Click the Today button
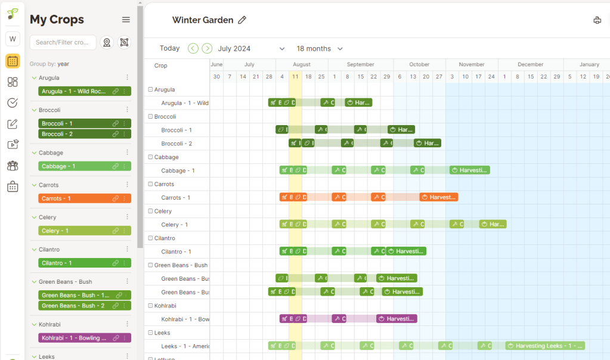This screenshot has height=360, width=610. pos(169,48)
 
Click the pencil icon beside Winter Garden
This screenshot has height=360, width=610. pos(242,20)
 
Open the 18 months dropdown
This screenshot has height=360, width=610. pos(320,48)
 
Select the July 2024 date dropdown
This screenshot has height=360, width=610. pos(251,48)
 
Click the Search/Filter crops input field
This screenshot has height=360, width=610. pos(63,42)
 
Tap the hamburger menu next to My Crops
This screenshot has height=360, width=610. pos(126,20)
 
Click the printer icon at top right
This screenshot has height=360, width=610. pos(597,20)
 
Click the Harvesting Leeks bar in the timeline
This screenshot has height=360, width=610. pos(544,346)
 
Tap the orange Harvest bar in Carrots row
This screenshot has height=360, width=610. pos(438,197)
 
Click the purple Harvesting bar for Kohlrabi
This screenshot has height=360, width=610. pos(397,319)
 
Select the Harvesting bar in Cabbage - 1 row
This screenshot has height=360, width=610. pos(469,170)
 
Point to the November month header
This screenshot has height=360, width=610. pos(472,64)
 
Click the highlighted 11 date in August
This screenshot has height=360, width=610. pos(295,77)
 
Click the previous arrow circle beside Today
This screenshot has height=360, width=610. pos(193,48)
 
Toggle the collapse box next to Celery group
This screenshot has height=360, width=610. pos(150,211)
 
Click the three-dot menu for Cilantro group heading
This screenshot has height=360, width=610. pos(127,250)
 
